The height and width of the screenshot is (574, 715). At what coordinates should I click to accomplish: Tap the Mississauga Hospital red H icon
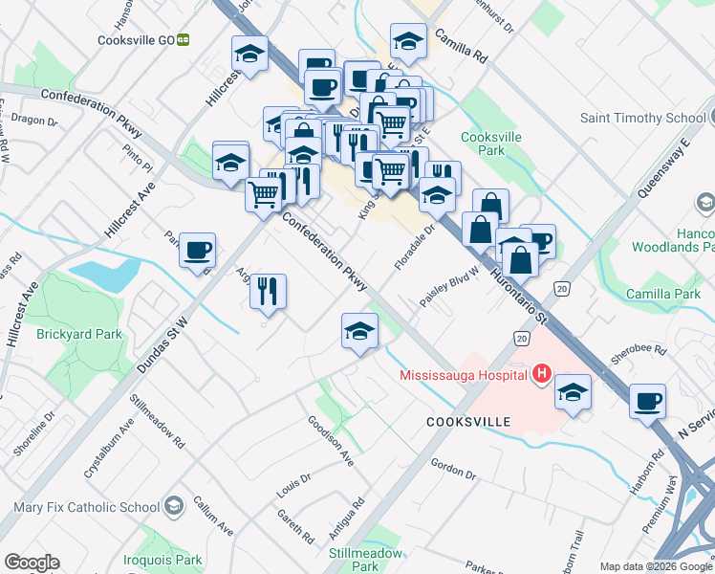click(542, 373)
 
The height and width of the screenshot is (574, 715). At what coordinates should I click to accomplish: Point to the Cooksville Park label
click(490, 143)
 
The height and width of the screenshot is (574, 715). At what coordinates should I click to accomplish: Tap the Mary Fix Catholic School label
click(87, 507)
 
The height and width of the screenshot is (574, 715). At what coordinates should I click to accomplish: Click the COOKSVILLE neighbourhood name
click(468, 421)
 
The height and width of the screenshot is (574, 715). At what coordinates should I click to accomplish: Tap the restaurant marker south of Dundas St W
click(269, 290)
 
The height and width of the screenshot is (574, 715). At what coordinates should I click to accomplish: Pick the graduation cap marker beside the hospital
click(573, 392)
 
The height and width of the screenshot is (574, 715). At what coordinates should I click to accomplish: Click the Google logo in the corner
click(32, 563)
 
